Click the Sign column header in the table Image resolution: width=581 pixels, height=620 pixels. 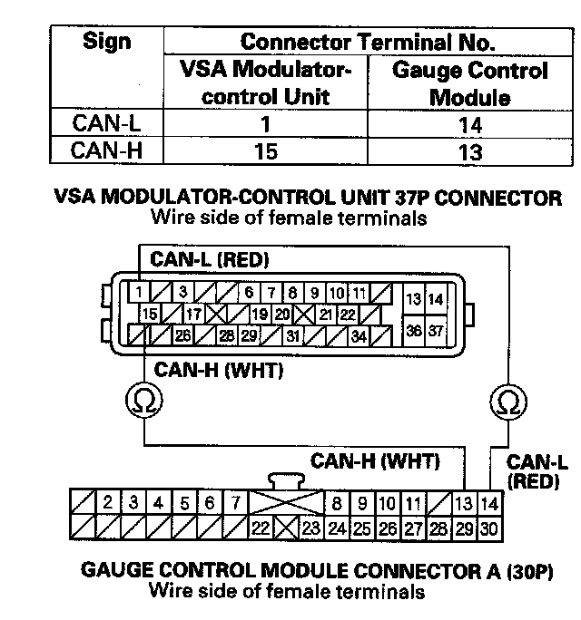106,42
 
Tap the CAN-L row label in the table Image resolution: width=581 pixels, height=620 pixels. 106,124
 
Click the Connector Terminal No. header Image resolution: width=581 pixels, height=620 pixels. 368,42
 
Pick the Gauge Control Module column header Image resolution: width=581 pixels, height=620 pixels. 469,83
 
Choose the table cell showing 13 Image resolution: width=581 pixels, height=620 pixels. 469,151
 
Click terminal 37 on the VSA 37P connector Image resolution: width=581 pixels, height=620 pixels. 437,331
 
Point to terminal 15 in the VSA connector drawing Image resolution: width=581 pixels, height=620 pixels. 151,314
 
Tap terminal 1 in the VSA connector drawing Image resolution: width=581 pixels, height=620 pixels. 135,293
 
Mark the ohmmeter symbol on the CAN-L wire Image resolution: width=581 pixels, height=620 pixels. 507,399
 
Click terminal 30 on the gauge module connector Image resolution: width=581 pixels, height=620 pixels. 489,526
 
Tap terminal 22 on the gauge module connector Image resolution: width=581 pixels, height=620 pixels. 259,526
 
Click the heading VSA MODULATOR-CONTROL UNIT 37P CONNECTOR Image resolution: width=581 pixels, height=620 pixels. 309,198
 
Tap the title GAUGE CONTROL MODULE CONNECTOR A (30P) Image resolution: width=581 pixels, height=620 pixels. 317,573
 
